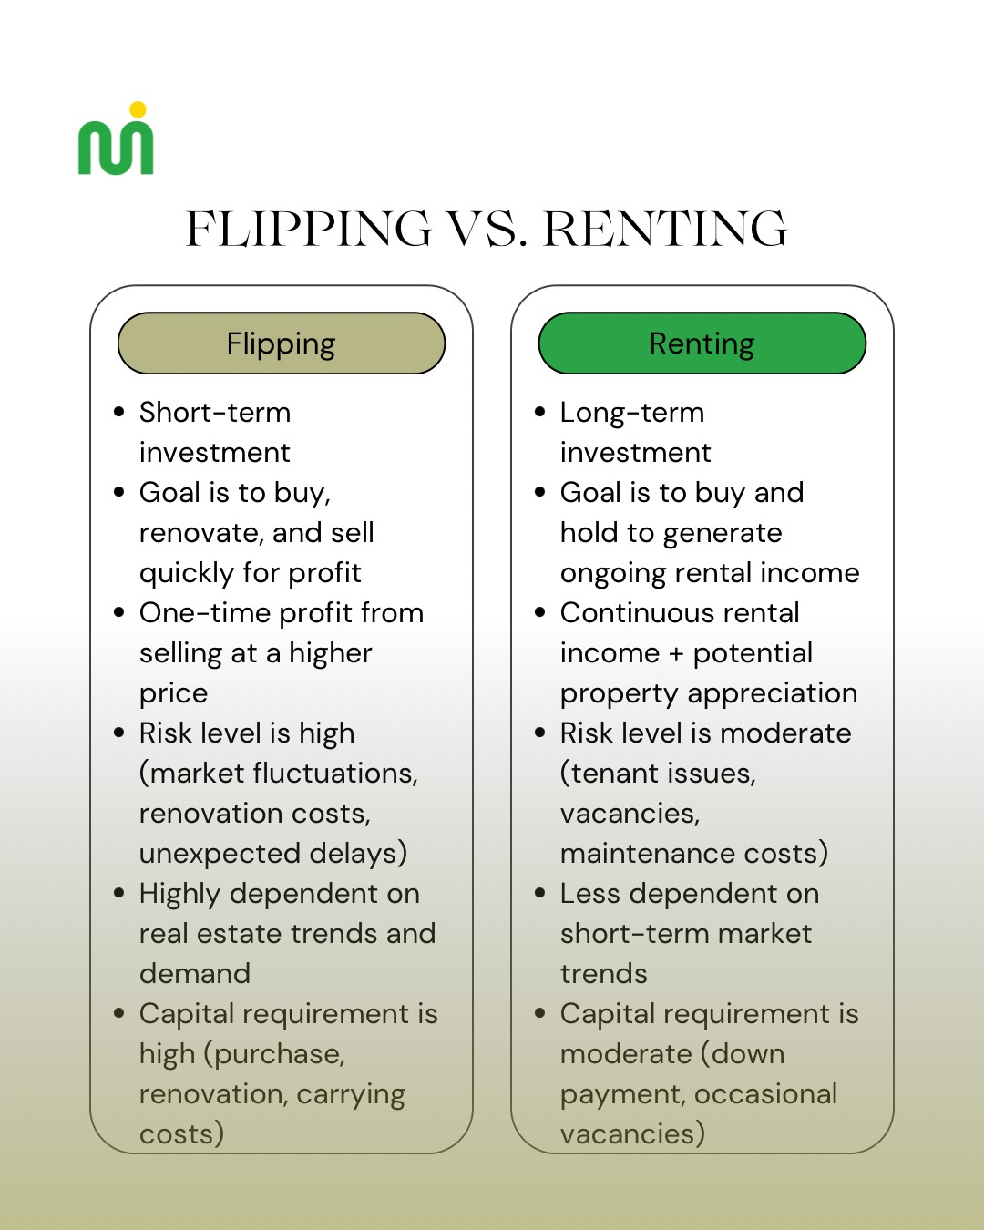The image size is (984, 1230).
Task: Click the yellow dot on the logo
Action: (x=138, y=110)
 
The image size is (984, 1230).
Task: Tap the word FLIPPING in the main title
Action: (x=308, y=229)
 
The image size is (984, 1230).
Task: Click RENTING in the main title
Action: (x=665, y=229)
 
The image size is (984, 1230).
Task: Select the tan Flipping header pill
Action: (x=282, y=343)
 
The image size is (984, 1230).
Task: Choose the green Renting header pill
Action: (x=702, y=343)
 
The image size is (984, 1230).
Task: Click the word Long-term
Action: (x=631, y=413)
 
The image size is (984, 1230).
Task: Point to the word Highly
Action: (x=180, y=894)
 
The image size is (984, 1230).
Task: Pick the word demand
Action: (x=195, y=974)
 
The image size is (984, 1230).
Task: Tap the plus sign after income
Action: (x=676, y=654)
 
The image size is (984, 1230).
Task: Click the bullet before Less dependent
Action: (x=540, y=893)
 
